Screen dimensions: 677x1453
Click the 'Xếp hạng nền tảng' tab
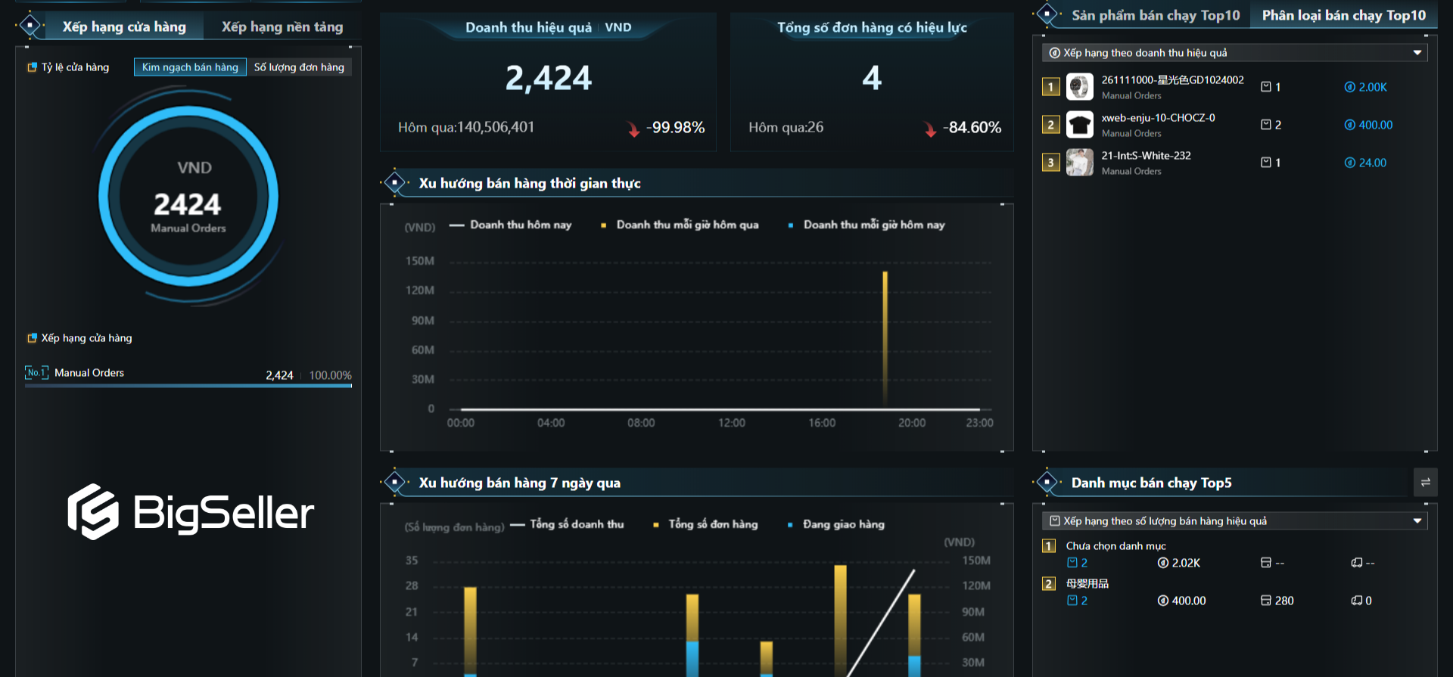click(x=282, y=27)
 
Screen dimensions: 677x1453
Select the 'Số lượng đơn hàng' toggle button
click(x=299, y=67)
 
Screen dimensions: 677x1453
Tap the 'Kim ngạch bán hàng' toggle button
click(x=190, y=67)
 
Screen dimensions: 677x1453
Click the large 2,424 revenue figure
click(x=548, y=78)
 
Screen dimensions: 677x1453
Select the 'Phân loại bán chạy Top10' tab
click(x=1343, y=15)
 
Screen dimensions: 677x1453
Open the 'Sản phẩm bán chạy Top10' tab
click(x=1156, y=15)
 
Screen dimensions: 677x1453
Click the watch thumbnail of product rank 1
click(x=1080, y=87)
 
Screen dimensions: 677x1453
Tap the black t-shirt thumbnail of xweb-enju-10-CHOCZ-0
click(x=1080, y=125)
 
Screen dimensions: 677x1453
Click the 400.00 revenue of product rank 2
click(x=1375, y=125)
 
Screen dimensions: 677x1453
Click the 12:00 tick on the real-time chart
click(x=732, y=423)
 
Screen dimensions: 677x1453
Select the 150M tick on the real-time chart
click(x=420, y=261)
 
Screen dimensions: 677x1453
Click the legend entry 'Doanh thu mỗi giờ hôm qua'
click(x=686, y=225)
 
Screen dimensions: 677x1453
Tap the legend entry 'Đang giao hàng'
click(x=843, y=524)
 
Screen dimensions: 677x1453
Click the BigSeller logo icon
click(x=93, y=512)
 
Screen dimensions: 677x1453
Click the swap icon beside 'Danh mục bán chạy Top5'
click(x=1425, y=483)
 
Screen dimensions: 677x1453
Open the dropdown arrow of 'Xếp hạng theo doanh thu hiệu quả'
click(x=1417, y=53)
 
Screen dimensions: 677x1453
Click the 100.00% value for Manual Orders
click(x=330, y=375)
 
